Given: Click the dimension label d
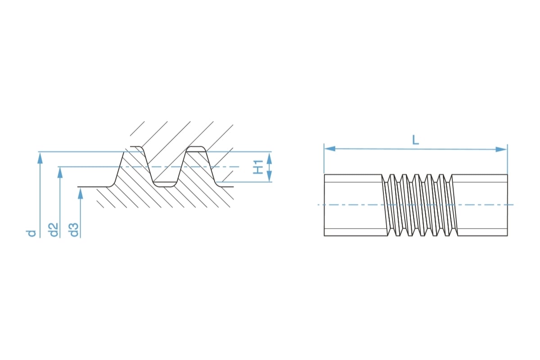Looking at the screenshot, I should click(31, 233).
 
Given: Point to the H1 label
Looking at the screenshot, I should click(258, 166).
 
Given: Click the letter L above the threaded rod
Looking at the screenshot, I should click(415, 140).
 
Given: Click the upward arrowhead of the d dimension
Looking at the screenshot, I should click(40, 157).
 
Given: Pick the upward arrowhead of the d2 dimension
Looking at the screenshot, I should click(60, 172).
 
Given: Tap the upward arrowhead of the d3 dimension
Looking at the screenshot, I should click(81, 193).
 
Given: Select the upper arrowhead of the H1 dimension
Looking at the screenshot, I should click(269, 157).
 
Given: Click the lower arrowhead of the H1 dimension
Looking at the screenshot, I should click(269, 177).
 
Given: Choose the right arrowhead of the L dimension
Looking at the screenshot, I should click(501, 149).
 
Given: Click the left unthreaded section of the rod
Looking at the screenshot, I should click(353, 205).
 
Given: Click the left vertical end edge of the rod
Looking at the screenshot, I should click(324, 205).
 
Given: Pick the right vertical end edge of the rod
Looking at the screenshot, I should click(507, 205).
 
